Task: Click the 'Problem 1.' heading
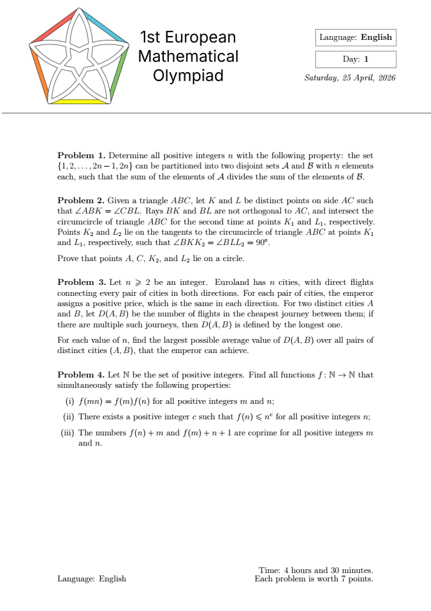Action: click(x=81, y=156)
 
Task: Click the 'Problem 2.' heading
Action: click(x=81, y=201)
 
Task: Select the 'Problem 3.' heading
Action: click(x=81, y=282)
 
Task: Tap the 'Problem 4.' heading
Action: click(x=81, y=374)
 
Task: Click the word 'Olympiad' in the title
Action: click(x=188, y=76)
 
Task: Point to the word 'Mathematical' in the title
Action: click(x=188, y=57)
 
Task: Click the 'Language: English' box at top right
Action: click(x=355, y=37)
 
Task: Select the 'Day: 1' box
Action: click(x=355, y=59)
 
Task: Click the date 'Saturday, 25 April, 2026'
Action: click(x=350, y=78)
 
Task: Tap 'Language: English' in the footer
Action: click(x=92, y=579)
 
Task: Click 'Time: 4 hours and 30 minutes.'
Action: click(x=315, y=570)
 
